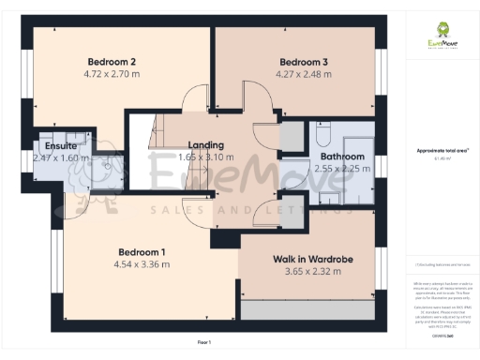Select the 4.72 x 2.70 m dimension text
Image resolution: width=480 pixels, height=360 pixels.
click(x=112, y=74)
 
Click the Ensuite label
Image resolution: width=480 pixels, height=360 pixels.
click(x=61, y=146)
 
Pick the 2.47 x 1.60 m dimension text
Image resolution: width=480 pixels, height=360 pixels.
click(x=61, y=158)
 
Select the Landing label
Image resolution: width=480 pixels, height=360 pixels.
click(x=206, y=145)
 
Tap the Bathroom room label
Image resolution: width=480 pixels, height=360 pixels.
click(x=342, y=157)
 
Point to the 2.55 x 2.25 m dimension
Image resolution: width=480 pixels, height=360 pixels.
click(x=342, y=169)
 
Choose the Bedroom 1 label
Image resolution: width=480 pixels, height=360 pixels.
click(x=142, y=252)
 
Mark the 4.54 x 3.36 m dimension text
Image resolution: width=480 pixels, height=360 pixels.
click(x=142, y=264)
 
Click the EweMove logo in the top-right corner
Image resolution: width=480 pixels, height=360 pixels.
click(x=442, y=38)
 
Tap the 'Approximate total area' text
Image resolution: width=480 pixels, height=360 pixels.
click(x=442, y=150)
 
